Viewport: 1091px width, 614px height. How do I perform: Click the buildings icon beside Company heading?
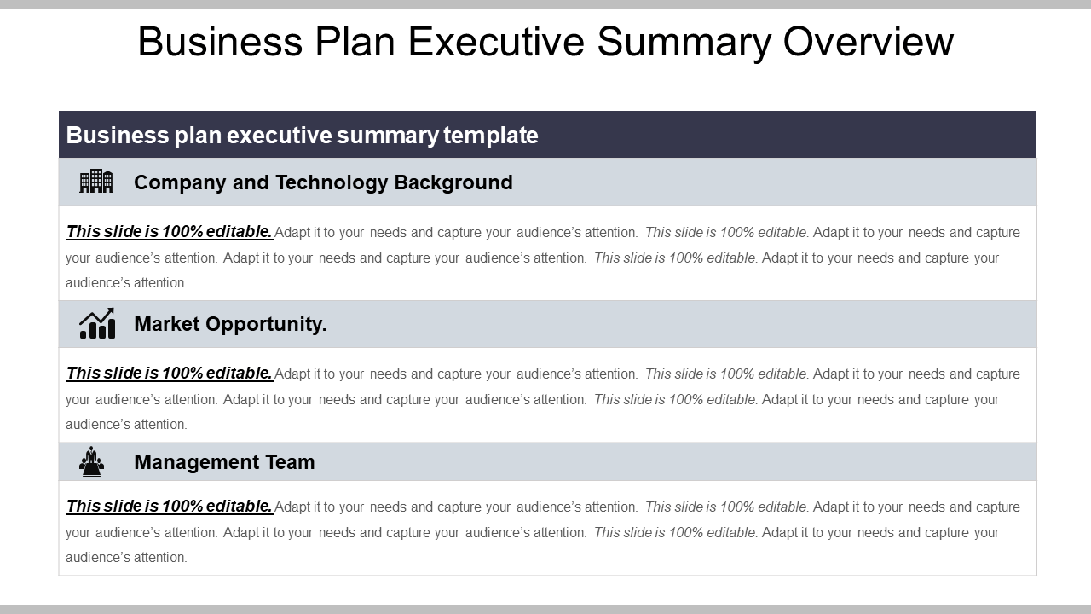point(96,182)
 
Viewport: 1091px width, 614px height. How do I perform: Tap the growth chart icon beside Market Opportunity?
point(97,323)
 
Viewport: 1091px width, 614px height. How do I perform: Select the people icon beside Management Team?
point(91,461)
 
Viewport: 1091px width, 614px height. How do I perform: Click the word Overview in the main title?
point(868,42)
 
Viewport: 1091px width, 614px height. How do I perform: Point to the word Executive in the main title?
point(496,42)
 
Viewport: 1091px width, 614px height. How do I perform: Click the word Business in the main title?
point(220,42)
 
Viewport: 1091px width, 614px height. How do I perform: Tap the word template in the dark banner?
point(490,136)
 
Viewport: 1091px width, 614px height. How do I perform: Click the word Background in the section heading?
point(453,182)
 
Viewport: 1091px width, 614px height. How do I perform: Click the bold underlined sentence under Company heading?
point(170,231)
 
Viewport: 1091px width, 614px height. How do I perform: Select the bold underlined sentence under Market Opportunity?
point(170,373)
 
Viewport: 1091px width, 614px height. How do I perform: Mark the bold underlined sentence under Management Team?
point(170,506)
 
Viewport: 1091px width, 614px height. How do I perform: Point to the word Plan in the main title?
point(355,42)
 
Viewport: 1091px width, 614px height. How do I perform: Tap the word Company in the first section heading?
point(180,183)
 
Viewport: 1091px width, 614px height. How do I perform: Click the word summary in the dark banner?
point(388,136)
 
